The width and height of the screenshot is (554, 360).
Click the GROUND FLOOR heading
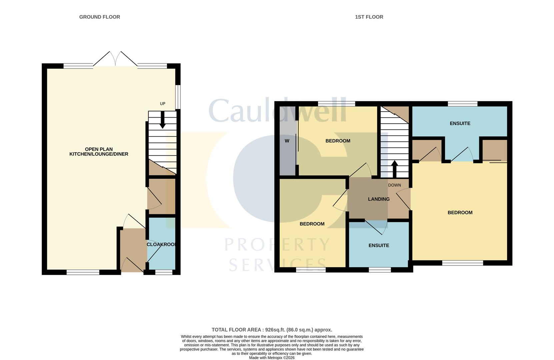99,17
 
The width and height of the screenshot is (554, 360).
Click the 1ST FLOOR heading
369,17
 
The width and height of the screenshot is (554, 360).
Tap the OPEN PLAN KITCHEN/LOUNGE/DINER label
99,152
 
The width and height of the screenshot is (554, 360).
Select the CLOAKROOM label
161,244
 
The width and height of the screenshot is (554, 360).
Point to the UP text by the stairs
163,104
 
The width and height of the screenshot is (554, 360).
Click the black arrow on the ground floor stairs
163,120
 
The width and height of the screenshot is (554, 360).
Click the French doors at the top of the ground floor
115,60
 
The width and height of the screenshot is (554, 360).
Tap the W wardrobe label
287,141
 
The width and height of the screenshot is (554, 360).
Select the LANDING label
379,199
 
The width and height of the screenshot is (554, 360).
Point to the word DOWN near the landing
394,185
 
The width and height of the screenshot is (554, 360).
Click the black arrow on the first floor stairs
394,168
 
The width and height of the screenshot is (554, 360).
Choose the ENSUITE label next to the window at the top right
460,123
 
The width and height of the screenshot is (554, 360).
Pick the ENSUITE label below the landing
379,245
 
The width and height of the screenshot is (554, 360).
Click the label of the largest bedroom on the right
460,213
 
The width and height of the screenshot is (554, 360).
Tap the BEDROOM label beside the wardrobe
338,141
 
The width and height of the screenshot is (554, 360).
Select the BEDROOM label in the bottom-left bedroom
312,224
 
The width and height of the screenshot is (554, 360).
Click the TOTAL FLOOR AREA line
272,330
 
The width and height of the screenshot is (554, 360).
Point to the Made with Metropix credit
272,358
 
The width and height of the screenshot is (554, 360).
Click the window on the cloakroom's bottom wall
164,272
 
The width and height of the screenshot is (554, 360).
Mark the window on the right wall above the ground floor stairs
178,97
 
